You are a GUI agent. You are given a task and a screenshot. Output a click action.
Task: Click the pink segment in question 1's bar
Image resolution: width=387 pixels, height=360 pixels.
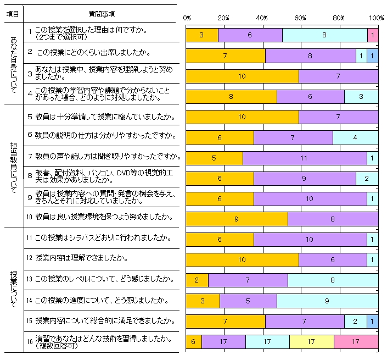372,35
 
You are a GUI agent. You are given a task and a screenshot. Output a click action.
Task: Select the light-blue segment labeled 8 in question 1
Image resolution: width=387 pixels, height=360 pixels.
325,35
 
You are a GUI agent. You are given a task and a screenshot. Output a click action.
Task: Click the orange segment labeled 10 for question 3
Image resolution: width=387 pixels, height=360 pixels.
242,76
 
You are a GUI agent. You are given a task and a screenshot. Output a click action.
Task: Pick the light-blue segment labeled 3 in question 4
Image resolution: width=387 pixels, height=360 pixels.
361,97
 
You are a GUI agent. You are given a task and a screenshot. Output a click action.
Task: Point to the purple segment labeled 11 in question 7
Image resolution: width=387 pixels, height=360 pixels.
305,158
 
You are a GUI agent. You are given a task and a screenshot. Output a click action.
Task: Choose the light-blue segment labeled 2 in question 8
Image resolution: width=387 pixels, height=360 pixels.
367,179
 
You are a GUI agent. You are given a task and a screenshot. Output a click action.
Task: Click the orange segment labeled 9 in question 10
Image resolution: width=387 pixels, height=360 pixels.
237,219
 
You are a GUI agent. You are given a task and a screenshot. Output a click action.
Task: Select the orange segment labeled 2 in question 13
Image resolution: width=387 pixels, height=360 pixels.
197,280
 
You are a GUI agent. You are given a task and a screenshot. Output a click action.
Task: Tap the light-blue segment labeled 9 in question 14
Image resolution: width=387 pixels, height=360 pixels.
327,301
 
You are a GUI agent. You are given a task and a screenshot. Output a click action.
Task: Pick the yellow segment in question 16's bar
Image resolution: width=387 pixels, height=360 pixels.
311,342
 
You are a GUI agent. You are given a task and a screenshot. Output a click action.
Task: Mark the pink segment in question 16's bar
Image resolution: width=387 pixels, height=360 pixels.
355,342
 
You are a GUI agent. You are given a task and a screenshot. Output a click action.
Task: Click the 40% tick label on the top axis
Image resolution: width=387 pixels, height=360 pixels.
262,18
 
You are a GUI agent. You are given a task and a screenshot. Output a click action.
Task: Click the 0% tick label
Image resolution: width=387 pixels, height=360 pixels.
187,18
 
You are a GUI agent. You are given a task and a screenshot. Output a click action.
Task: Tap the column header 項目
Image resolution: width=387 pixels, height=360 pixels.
12,13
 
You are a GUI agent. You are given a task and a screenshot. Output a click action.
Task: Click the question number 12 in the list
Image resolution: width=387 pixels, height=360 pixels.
30,258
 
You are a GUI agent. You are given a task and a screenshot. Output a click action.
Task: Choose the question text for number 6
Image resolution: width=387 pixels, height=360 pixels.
105,135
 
